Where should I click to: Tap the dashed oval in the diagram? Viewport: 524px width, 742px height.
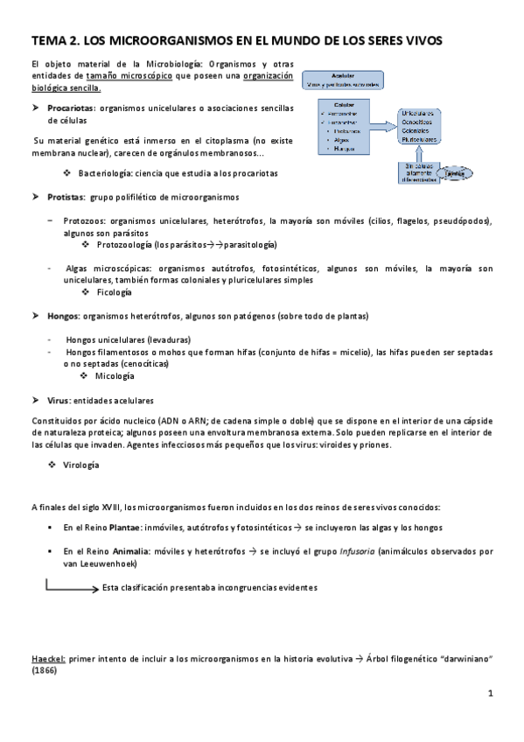454,173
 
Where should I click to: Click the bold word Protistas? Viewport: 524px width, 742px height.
66,197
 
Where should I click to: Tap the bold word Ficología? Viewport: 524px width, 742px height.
115,292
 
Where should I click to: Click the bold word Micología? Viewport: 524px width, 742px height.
115,376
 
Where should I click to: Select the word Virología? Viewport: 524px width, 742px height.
80,467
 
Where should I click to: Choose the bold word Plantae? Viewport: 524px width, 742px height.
126,528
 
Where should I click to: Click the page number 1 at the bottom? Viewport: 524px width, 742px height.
491,694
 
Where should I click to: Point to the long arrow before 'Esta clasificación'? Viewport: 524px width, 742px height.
72,589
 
